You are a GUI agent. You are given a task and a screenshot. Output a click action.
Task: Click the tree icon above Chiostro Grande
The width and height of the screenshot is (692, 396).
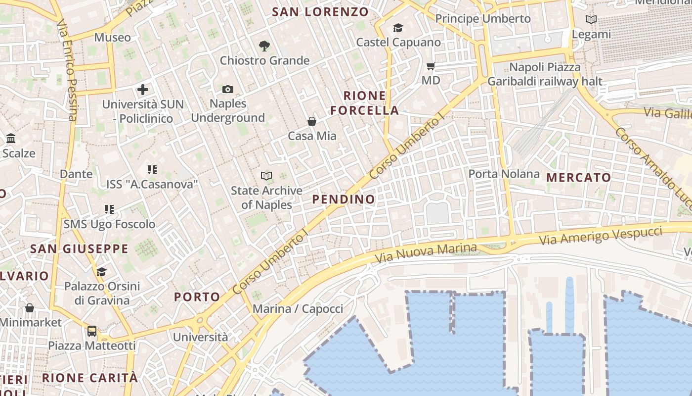[x=264, y=46]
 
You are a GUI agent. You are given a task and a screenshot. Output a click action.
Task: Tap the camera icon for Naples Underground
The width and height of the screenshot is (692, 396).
[x=227, y=89]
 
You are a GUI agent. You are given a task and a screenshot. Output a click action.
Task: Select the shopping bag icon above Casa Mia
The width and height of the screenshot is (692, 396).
[x=312, y=121]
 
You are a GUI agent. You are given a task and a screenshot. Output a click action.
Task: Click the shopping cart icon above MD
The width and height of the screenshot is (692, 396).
[x=431, y=66]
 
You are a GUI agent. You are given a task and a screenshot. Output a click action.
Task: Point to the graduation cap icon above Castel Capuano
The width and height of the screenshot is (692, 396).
[x=398, y=28]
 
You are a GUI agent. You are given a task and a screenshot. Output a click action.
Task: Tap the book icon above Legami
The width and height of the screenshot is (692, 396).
[x=591, y=20]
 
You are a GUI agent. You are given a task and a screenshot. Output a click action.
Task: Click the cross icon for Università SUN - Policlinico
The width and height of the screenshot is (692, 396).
[x=143, y=90]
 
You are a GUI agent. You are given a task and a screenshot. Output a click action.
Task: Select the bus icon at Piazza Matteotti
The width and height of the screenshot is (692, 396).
[x=92, y=331]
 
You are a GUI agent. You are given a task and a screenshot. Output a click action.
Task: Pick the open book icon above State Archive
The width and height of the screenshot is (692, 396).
[x=266, y=176]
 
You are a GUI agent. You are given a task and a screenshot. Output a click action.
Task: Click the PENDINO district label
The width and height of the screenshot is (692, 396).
[x=344, y=199]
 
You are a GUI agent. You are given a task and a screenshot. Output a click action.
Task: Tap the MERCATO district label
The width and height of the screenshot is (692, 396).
[x=578, y=177]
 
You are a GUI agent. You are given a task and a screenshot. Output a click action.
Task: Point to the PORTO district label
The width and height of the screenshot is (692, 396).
[x=197, y=297]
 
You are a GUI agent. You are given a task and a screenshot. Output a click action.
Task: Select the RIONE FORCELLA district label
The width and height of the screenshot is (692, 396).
[x=364, y=103]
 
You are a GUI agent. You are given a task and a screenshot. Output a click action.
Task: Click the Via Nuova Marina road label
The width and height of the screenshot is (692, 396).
[x=426, y=253]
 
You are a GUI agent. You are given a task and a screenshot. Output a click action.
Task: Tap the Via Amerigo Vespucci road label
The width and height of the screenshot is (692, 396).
[x=600, y=235]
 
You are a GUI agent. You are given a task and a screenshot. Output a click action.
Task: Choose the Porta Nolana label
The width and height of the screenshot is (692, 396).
[x=504, y=174]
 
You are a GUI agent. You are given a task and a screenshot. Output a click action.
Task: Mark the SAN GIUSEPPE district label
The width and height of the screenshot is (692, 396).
[x=79, y=248]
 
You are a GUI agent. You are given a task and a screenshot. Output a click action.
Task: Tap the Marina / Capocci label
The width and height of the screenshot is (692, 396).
[x=298, y=309]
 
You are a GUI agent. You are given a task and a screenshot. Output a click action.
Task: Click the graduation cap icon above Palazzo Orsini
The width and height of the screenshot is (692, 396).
[x=102, y=272]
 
